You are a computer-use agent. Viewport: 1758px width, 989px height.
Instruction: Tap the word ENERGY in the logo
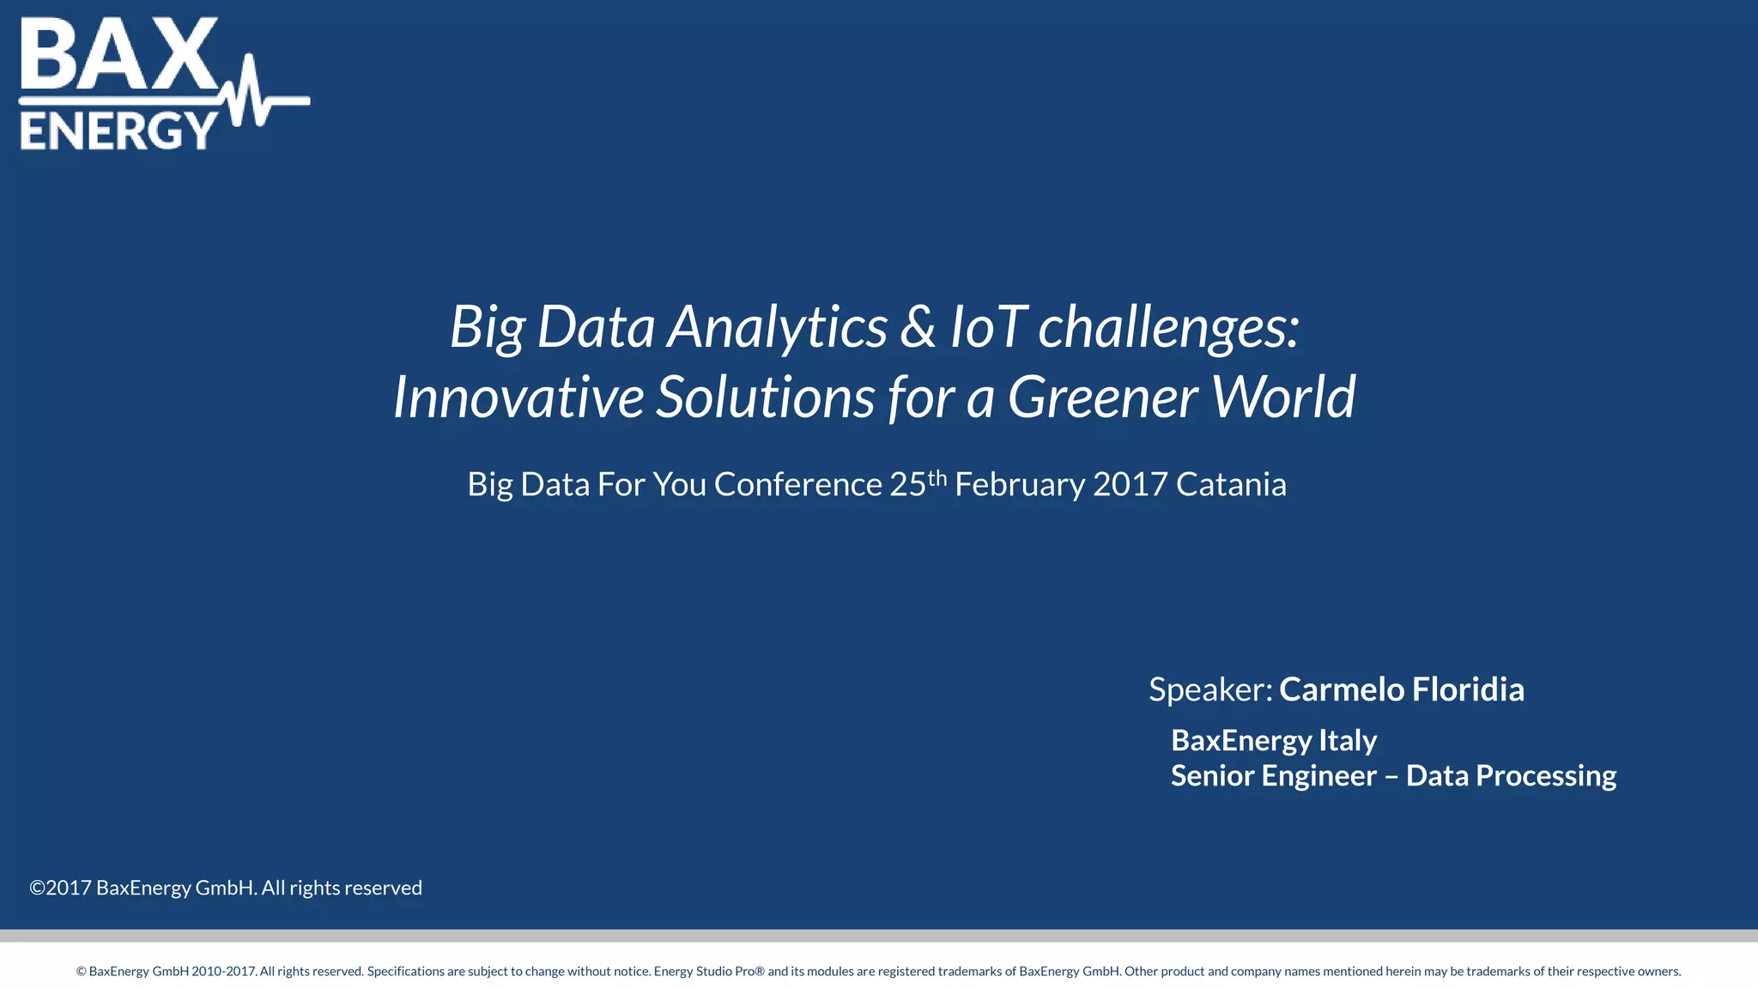pos(118,130)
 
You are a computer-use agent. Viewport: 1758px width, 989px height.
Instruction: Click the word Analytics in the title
pos(777,327)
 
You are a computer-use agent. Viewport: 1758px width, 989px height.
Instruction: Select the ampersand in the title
pos(918,327)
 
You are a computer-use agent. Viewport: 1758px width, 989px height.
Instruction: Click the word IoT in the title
pos(987,327)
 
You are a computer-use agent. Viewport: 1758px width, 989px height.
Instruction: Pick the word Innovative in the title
pos(518,397)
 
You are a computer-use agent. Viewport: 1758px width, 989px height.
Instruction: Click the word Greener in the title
pos(1102,397)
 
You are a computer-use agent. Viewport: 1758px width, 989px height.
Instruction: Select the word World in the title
pos(1283,397)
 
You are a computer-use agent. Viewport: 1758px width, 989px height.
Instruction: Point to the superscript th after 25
pos(937,477)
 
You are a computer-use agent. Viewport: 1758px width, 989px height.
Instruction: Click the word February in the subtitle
pos(1020,485)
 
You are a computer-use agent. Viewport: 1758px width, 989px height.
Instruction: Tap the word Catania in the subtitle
pos(1231,485)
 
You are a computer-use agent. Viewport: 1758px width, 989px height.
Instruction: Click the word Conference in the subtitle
pos(798,485)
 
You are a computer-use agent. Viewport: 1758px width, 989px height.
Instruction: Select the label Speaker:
pos(1210,689)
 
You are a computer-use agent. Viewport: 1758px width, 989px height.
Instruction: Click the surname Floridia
pos(1468,689)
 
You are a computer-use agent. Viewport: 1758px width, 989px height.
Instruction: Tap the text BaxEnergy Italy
pos(1274,740)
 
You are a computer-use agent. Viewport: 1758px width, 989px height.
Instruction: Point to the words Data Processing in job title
pos(1511,776)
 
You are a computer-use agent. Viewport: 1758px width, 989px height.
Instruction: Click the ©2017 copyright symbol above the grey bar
pos(38,888)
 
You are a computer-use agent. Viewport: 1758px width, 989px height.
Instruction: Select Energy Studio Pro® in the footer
pos(709,972)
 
